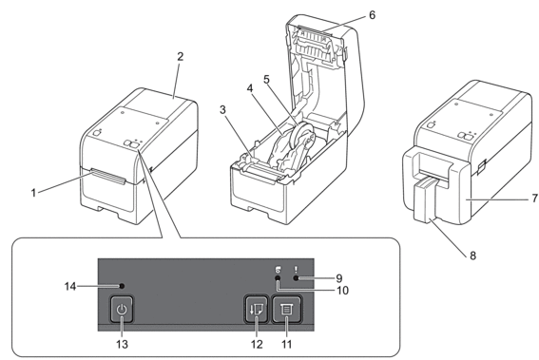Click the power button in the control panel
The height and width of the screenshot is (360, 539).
pyautogui.click(x=122, y=309)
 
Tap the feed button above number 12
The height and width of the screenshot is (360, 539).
pyautogui.click(x=257, y=309)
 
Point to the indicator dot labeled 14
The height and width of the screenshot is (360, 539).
pyautogui.click(x=121, y=286)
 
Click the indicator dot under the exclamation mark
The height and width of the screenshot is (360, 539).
pyautogui.click(x=296, y=278)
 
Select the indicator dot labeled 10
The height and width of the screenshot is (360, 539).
pyautogui.click(x=278, y=278)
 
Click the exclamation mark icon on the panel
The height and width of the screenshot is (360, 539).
pyautogui.click(x=296, y=270)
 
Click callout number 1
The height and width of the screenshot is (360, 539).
pyautogui.click(x=33, y=193)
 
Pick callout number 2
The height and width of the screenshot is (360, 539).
pyautogui.click(x=181, y=56)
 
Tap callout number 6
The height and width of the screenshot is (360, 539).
pyautogui.click(x=373, y=15)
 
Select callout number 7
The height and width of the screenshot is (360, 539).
pyautogui.click(x=534, y=199)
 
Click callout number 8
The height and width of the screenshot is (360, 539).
pyautogui.click(x=472, y=256)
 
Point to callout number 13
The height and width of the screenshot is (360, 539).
pyautogui.click(x=122, y=344)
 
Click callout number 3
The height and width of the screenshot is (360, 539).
pyautogui.click(x=222, y=110)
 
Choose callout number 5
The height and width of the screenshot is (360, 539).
pyautogui.click(x=267, y=80)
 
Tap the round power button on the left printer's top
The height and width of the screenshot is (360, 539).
pyautogui.click(x=97, y=133)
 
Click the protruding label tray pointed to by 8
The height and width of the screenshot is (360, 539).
pyautogui.click(x=426, y=201)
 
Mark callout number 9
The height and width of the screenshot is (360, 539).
pyautogui.click(x=339, y=277)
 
